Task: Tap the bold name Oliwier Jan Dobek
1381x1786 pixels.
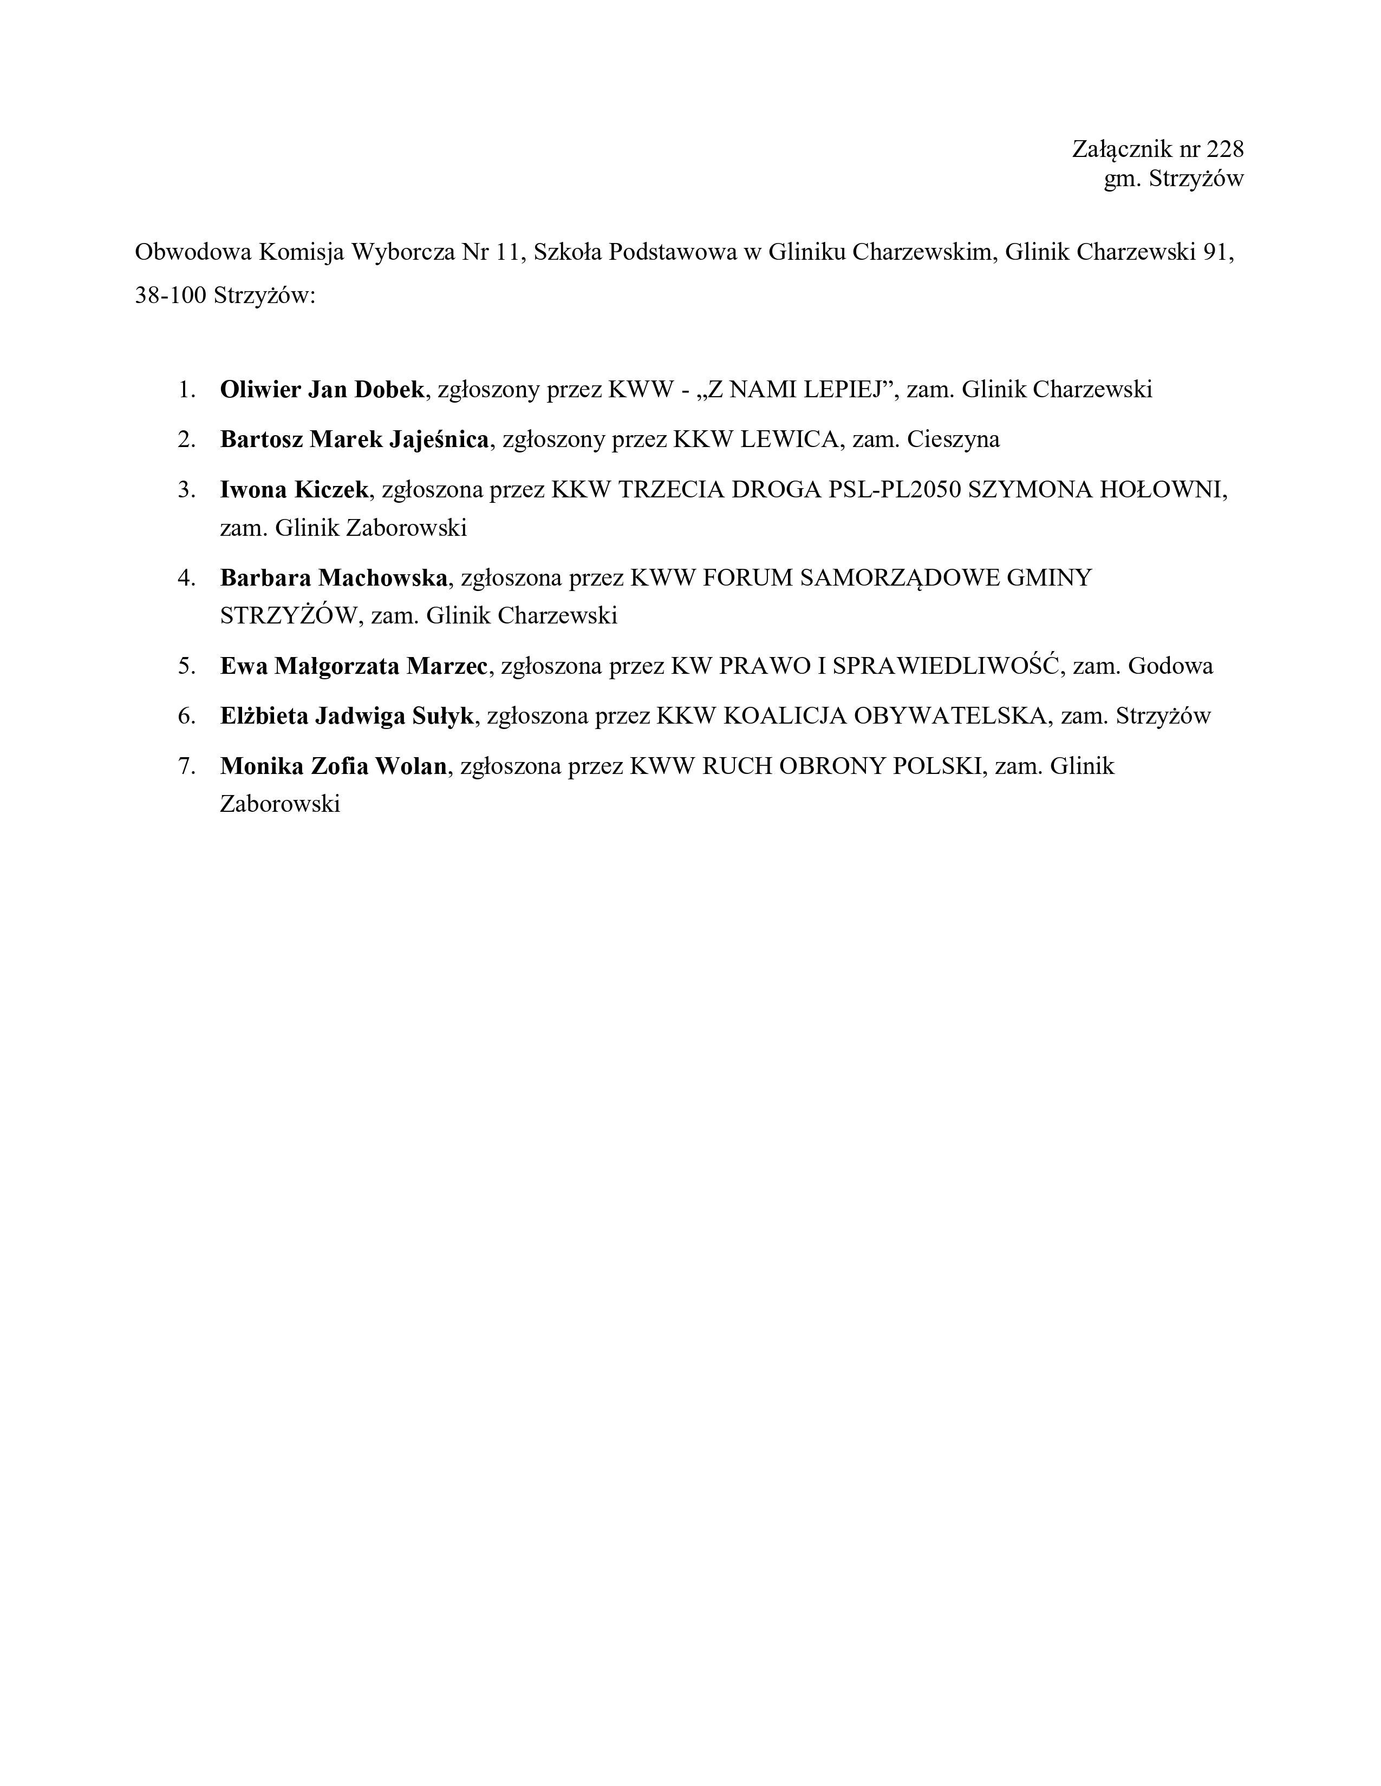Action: click(322, 389)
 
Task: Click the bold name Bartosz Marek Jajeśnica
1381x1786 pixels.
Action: click(354, 440)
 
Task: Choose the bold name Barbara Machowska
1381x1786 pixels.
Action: click(334, 578)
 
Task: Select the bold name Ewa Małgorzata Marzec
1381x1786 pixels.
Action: click(354, 666)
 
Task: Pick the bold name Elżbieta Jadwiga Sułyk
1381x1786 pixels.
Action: click(347, 717)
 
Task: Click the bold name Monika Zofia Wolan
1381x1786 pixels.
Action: click(334, 766)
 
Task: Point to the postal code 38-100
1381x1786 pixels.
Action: click(170, 295)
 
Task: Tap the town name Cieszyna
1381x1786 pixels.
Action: click(953, 440)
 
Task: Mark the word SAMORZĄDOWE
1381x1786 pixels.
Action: click(899, 578)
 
